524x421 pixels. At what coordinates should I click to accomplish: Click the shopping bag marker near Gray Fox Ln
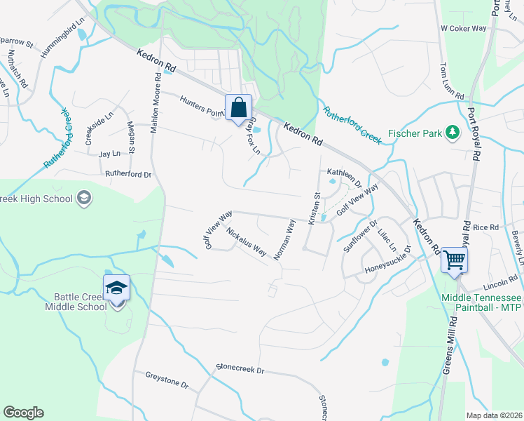pos(238,108)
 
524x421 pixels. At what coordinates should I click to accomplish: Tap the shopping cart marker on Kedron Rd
pos(454,260)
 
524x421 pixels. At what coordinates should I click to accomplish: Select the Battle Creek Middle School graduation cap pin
pos(116,287)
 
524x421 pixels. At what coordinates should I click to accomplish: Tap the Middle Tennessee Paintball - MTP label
pos(481,303)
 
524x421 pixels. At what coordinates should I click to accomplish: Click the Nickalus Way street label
pos(247,240)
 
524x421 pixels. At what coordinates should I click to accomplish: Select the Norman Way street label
pos(284,239)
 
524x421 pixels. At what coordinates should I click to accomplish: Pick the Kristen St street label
pos(312,209)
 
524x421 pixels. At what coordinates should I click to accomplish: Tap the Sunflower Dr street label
pos(360,236)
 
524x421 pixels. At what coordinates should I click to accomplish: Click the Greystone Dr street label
pos(167,380)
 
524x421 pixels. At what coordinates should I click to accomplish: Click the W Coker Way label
pos(463,28)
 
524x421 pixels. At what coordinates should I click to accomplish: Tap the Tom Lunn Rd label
pos(452,80)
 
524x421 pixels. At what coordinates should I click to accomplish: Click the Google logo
pos(23,413)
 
